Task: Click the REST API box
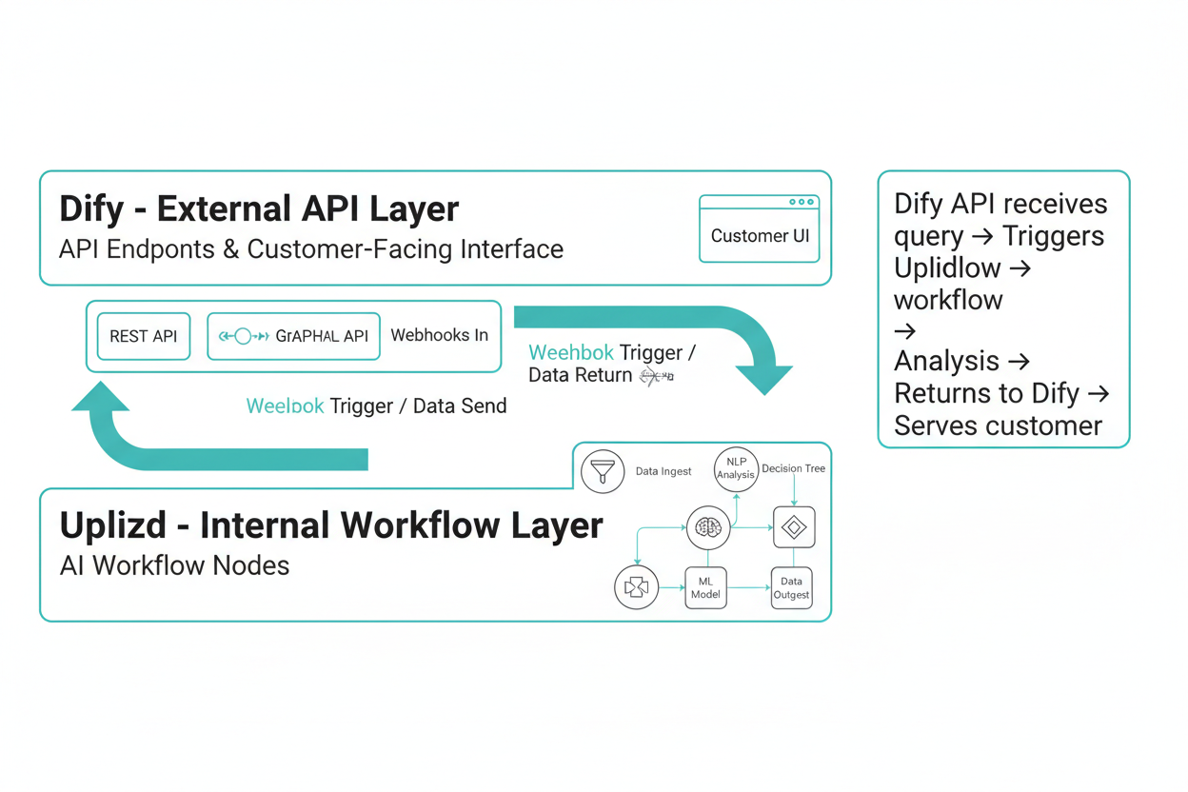coord(144,336)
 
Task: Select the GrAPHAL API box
coord(293,336)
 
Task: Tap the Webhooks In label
coord(439,335)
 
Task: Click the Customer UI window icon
coord(759,228)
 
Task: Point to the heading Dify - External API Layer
coord(259,208)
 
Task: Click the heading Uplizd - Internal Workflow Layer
coord(331,525)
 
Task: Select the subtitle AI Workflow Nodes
coord(174,565)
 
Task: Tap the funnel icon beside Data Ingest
coord(603,471)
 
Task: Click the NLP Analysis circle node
coord(736,468)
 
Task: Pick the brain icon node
coord(708,527)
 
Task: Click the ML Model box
coord(705,587)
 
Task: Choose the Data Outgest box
coord(791,587)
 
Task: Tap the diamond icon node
coord(794,527)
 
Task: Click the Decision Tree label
coord(793,468)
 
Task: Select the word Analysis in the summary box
coord(946,362)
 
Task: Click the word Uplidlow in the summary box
coord(947,268)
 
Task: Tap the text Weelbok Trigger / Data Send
coord(376,406)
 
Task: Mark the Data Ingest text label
coord(663,471)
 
